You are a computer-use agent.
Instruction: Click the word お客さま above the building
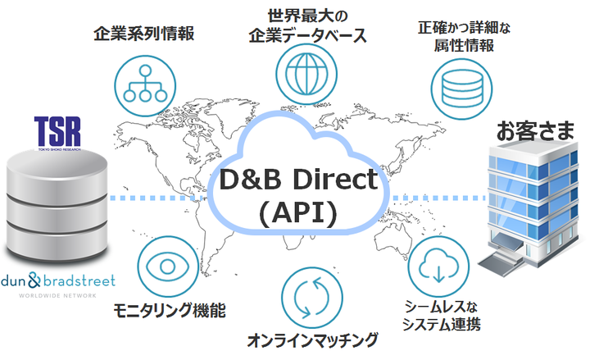point(534,131)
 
